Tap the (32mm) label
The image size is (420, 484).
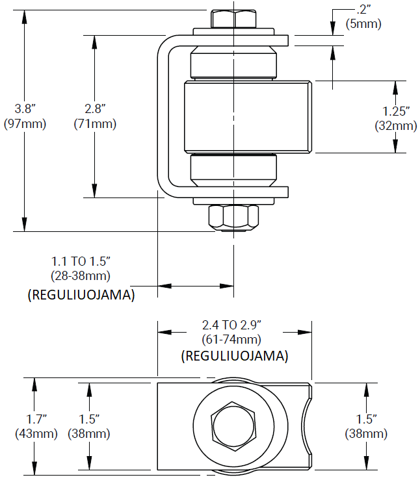[x=396, y=127]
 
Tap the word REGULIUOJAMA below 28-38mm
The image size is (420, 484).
[x=81, y=295]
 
